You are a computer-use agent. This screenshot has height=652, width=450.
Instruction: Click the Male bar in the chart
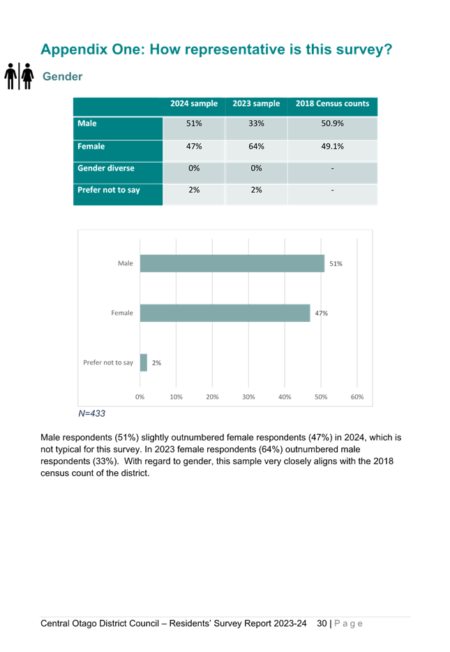coord(232,263)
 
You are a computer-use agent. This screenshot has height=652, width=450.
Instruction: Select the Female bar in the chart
coord(225,313)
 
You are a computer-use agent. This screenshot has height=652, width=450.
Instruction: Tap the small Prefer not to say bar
coord(144,362)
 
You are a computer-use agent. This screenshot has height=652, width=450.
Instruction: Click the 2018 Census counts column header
coord(332,103)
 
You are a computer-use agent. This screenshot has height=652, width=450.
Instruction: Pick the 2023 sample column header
coord(256,103)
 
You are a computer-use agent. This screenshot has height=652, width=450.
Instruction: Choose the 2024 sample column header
coord(194,103)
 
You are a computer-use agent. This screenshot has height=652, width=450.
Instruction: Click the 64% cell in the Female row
coord(256,147)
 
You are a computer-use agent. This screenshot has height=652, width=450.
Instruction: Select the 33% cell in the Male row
coord(256,124)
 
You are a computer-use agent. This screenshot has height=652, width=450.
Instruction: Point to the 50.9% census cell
coord(332,124)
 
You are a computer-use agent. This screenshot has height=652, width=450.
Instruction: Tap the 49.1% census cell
coord(332,147)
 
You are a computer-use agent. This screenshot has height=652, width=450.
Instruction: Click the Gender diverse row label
coord(106,168)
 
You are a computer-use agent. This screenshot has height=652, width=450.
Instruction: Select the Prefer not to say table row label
coord(109,190)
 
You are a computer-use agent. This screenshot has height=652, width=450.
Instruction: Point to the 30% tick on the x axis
coord(248,397)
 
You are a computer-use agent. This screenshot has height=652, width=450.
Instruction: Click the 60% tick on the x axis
coord(357,397)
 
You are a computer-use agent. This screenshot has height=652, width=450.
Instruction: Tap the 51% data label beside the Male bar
coord(336,264)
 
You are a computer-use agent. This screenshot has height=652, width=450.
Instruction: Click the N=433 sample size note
coord(92,413)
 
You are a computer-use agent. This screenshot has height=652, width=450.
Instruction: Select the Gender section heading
coord(63,77)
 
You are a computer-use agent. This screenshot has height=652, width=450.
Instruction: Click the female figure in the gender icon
coord(27,76)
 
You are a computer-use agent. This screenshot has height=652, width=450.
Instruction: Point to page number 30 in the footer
coord(322,623)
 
